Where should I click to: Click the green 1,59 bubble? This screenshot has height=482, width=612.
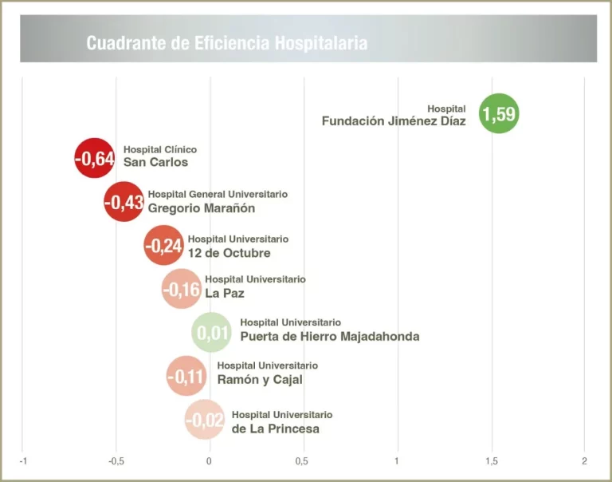498,113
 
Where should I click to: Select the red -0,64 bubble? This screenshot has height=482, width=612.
94,158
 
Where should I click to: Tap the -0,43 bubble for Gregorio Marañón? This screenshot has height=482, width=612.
124,202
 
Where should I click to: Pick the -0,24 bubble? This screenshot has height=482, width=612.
163,246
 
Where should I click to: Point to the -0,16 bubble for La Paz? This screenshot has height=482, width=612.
182,289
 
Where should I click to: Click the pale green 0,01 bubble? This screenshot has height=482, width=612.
212,333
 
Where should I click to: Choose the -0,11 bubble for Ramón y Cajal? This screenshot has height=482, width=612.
186,376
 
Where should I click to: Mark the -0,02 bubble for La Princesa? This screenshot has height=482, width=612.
205,420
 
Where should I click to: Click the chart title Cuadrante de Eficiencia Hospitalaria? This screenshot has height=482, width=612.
227,43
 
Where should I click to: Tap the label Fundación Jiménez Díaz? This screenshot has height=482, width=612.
394,121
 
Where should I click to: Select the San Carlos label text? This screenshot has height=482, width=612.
156,162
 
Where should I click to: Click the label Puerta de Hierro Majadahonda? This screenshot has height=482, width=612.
330,336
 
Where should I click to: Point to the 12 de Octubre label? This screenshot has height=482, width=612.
229,253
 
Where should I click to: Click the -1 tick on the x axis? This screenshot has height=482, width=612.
23,461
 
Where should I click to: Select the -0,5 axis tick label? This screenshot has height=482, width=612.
116,461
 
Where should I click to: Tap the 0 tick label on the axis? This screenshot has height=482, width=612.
210,461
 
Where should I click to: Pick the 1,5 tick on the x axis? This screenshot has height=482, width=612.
491,461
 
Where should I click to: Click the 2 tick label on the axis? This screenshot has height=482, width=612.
584,461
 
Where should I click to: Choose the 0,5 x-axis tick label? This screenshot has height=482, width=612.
303,461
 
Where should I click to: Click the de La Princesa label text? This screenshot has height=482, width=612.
276,429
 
